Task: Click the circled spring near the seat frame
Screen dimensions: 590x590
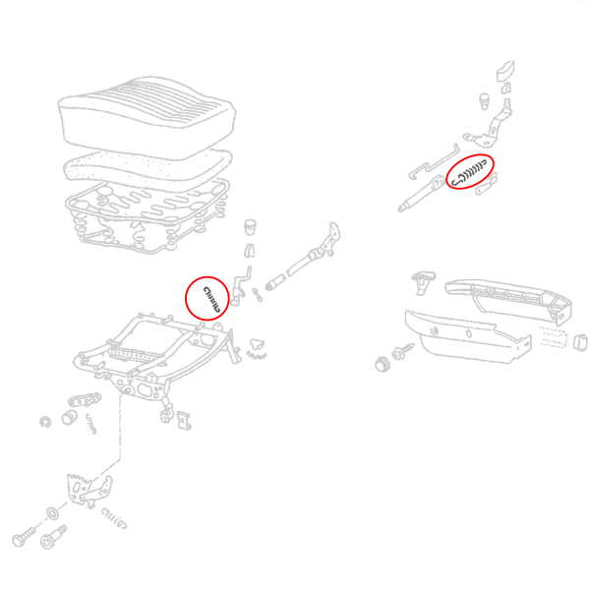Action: click(207, 296)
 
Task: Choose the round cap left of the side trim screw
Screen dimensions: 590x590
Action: click(383, 364)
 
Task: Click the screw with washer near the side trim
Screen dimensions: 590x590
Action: click(402, 350)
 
